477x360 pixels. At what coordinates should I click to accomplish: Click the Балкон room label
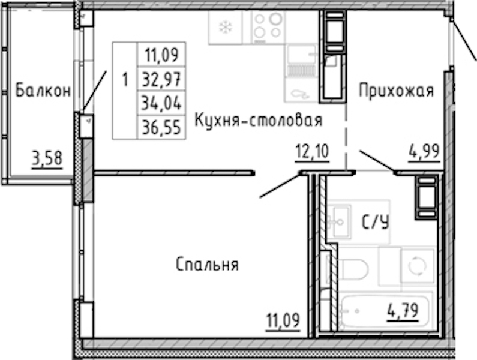tap(43, 91)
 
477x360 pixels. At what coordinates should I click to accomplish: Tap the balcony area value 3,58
tap(47, 159)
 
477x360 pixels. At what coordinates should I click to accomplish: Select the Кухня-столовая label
tap(258, 120)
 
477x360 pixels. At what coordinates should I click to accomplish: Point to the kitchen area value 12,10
tap(313, 151)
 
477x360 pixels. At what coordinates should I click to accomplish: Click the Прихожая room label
tap(396, 91)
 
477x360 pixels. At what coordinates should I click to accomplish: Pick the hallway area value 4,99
tap(424, 151)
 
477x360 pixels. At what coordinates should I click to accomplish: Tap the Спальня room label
tap(207, 264)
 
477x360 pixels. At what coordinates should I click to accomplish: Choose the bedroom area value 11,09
tap(283, 320)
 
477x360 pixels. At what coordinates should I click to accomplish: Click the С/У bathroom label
tap(376, 222)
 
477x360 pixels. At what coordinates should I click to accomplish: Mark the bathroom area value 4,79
tap(403, 311)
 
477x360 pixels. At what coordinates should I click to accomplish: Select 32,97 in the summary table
tap(161, 78)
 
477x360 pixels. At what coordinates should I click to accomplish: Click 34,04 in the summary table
tap(161, 103)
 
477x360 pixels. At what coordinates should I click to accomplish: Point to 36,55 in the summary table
tap(161, 127)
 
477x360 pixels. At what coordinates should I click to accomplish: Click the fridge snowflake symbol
tap(226, 28)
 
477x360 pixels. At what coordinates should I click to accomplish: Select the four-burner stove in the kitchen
tap(268, 27)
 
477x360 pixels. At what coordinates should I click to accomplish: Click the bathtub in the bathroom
tap(385, 311)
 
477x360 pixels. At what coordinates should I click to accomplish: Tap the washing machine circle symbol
tap(416, 266)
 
